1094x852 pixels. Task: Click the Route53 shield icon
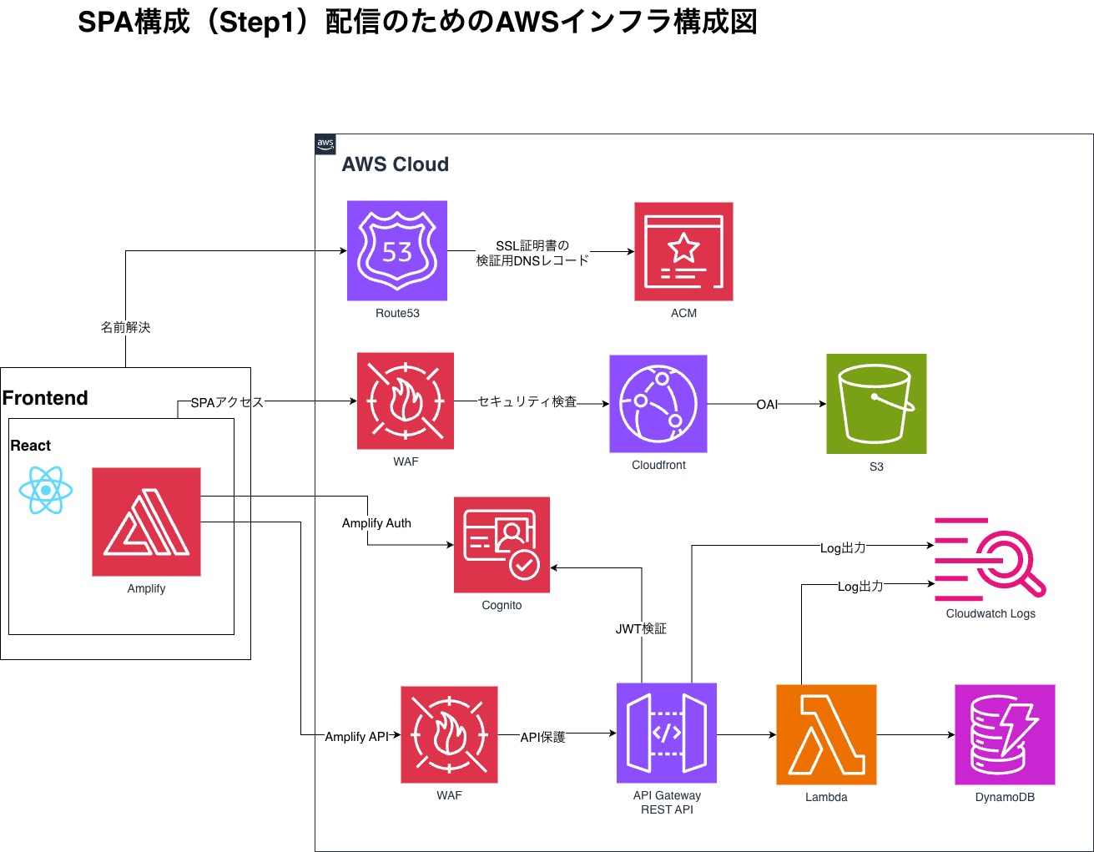click(397, 250)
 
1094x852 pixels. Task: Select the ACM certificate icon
click(683, 251)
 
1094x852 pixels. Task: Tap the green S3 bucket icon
click(876, 404)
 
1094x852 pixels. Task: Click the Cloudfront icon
click(658, 404)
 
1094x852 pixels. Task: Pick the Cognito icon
click(502, 545)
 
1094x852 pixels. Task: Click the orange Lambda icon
click(826, 734)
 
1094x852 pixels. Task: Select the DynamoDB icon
click(1005, 734)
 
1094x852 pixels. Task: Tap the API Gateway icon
click(667, 733)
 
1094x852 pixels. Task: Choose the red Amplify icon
click(146, 522)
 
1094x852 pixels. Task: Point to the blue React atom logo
click(46, 490)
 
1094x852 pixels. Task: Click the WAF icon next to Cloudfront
click(406, 401)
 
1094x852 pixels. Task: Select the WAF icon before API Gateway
click(449, 734)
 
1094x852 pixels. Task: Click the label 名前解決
click(126, 327)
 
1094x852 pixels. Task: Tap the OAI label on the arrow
click(767, 405)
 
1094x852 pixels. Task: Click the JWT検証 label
click(641, 629)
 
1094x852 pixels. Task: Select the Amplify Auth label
click(376, 523)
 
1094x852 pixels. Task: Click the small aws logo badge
click(325, 144)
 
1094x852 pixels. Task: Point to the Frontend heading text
click(45, 398)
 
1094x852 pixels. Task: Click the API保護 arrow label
click(542, 737)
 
